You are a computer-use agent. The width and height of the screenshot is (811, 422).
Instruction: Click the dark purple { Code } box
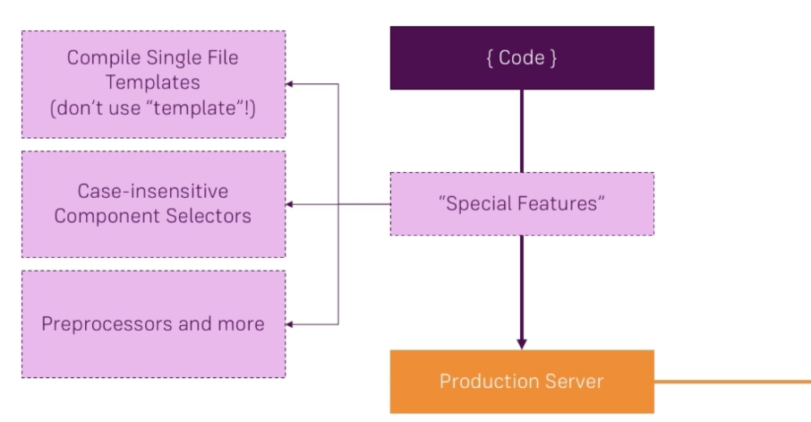pyautogui.click(x=522, y=58)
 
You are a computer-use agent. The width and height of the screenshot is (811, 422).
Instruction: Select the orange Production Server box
pyautogui.click(x=522, y=382)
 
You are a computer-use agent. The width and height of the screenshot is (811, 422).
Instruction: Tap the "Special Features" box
pyautogui.click(x=522, y=204)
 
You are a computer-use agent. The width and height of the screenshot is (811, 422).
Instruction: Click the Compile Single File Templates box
pyautogui.click(x=153, y=84)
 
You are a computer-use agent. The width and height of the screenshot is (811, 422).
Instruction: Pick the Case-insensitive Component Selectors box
pyautogui.click(x=153, y=204)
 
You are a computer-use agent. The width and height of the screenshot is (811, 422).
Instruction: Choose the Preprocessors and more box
pyautogui.click(x=153, y=323)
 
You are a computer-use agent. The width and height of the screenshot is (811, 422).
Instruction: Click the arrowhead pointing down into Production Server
pyautogui.click(x=522, y=343)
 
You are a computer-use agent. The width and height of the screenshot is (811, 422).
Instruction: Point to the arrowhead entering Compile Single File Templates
pyautogui.click(x=291, y=84)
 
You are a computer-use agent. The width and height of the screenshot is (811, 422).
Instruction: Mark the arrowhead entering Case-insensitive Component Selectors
pyautogui.click(x=291, y=204)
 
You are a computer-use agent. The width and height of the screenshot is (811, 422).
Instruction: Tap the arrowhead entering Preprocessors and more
pyautogui.click(x=291, y=323)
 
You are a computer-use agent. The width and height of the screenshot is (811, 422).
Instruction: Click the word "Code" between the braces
pyautogui.click(x=522, y=58)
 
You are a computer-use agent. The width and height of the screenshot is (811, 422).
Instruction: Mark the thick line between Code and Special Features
pyautogui.click(x=522, y=131)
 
